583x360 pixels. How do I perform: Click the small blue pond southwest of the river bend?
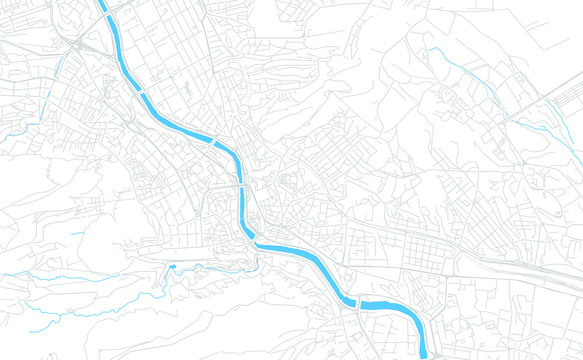pos(172,266)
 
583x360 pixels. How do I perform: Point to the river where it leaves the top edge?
pos(102,3)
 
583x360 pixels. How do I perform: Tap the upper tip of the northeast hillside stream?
pos(431,48)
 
